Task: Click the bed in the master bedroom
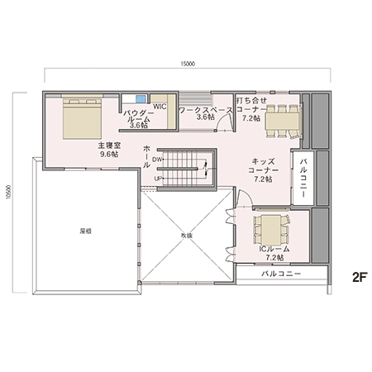(x=81, y=118)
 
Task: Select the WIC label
(x=160, y=107)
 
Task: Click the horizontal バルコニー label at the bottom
(x=281, y=273)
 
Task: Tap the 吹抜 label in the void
(x=186, y=236)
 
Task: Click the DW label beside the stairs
(x=157, y=160)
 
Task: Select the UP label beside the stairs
(x=157, y=178)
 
